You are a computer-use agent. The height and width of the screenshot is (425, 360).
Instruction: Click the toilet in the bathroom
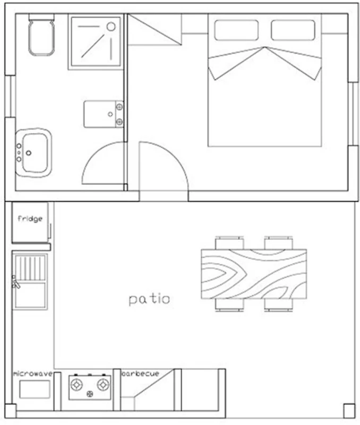click(41, 35)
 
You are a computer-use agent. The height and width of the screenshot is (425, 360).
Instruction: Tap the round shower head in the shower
click(111, 27)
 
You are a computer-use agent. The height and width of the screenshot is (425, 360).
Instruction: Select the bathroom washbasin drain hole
click(29, 153)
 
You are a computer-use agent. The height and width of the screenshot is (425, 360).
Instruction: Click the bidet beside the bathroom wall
click(104, 114)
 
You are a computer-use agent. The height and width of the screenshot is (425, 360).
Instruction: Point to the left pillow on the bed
click(236, 30)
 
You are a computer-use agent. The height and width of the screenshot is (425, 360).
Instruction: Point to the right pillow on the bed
click(293, 30)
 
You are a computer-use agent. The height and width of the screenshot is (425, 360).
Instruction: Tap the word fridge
click(30, 219)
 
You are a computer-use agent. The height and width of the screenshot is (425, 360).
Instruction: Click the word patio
click(149, 299)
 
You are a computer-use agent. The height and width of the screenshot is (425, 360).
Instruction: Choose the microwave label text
click(33, 374)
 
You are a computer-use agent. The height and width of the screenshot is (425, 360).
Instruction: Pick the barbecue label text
click(140, 373)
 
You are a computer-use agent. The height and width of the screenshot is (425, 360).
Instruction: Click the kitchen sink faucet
click(15, 282)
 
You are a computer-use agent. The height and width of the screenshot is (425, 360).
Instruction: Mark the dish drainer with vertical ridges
click(30, 268)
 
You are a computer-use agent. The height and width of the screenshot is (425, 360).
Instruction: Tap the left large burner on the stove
click(76, 385)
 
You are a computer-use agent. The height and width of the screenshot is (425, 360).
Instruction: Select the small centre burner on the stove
click(90, 394)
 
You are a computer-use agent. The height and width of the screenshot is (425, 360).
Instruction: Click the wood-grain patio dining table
click(254, 274)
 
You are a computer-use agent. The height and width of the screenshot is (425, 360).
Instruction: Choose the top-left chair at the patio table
click(229, 243)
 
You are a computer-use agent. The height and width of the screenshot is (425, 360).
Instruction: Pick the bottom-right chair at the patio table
click(278, 305)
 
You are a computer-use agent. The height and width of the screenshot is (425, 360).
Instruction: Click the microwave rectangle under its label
click(35, 389)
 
